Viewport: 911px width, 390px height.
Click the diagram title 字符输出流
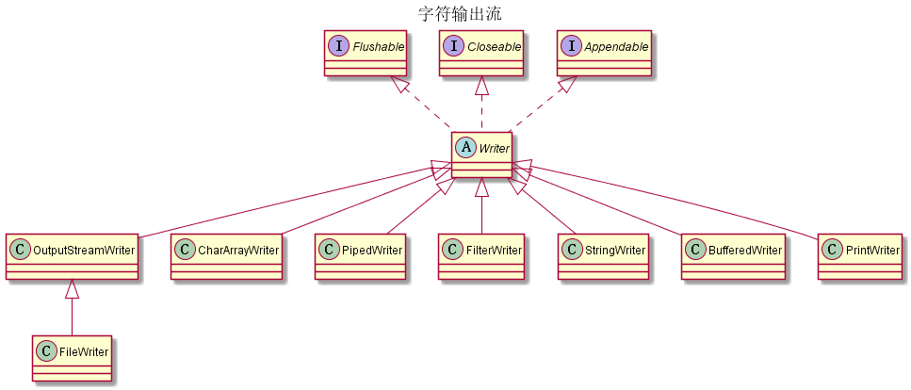click(460, 13)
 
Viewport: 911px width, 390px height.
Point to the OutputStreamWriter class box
click(72, 256)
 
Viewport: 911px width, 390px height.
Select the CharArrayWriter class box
click(226, 256)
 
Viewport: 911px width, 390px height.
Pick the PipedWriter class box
click(361, 256)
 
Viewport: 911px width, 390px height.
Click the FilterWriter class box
click(481, 256)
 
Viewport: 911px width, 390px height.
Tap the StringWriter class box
click(603, 256)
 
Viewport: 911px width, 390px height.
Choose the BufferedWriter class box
click(734, 256)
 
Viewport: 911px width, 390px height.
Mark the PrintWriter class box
click(860, 256)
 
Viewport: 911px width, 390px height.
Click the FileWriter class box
click(72, 358)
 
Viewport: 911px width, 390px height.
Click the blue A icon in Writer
click(465, 148)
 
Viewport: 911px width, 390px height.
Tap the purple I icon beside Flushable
click(337, 45)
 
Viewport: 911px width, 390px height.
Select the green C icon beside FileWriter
click(45, 351)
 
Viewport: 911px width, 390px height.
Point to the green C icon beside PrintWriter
click(833, 250)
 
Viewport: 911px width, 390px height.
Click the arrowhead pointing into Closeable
click(481, 86)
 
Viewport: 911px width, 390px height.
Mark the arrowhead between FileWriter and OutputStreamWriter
click(72, 290)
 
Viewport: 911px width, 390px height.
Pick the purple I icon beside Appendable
click(571, 45)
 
